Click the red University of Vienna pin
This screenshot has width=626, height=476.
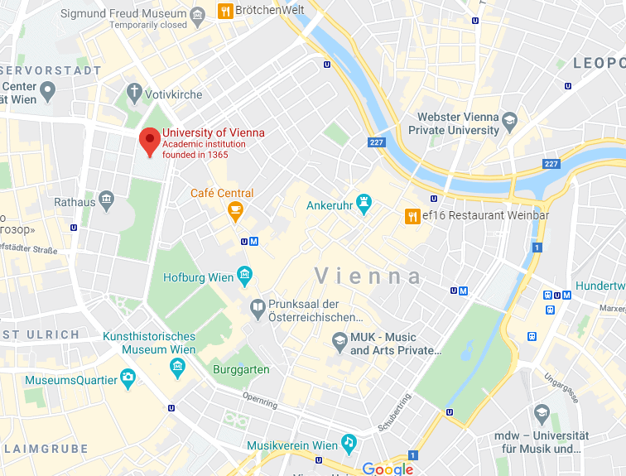[149, 142]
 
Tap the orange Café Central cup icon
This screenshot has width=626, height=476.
[235, 212]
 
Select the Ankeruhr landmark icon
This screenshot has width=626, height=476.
[364, 203]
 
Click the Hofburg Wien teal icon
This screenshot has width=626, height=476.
[244, 274]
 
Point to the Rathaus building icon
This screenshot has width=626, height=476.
[106, 200]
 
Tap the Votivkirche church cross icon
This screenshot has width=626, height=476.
[134, 91]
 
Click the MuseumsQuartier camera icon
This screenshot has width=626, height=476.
[128, 379]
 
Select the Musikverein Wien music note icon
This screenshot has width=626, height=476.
[349, 444]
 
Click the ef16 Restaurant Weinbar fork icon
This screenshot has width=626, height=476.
[412, 217]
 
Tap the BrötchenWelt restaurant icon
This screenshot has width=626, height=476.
[224, 11]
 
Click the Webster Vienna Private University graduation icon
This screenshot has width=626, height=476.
[510, 121]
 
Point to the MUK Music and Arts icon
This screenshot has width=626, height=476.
[339, 340]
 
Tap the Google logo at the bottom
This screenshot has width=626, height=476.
[388, 469]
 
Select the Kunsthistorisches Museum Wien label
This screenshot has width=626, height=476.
[149, 343]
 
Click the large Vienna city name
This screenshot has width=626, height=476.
[368, 276]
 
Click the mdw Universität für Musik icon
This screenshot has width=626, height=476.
[542, 413]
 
